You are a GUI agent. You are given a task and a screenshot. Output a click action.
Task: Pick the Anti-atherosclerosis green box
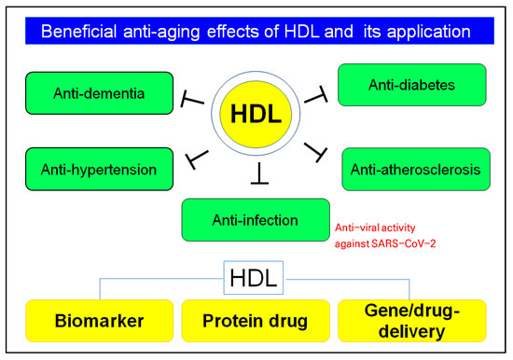point(415,169)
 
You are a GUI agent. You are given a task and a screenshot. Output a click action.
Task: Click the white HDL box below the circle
point(256,277)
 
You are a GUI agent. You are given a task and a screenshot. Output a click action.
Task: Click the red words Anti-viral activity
point(373,227)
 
